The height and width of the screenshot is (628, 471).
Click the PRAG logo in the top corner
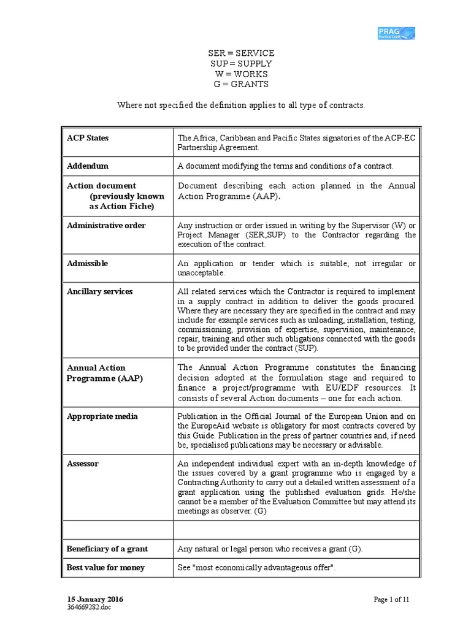[x=396, y=33]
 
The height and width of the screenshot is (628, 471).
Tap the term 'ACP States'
[x=88, y=138]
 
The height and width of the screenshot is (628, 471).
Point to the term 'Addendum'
[x=88, y=166]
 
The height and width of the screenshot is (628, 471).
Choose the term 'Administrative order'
[x=106, y=225]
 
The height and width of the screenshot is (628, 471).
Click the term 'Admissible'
[x=87, y=263]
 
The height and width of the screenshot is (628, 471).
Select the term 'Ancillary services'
[x=99, y=291]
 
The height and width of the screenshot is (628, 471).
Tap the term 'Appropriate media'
[x=102, y=416]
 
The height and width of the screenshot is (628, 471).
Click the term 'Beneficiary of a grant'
[x=107, y=549]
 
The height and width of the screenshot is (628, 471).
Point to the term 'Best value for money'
[x=105, y=567]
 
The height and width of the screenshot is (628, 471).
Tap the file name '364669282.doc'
[x=89, y=607]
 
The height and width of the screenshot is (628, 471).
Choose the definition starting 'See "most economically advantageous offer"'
[x=257, y=567]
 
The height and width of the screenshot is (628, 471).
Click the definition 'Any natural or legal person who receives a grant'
[x=269, y=549]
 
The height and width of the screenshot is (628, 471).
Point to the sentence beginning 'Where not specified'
[x=241, y=105]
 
